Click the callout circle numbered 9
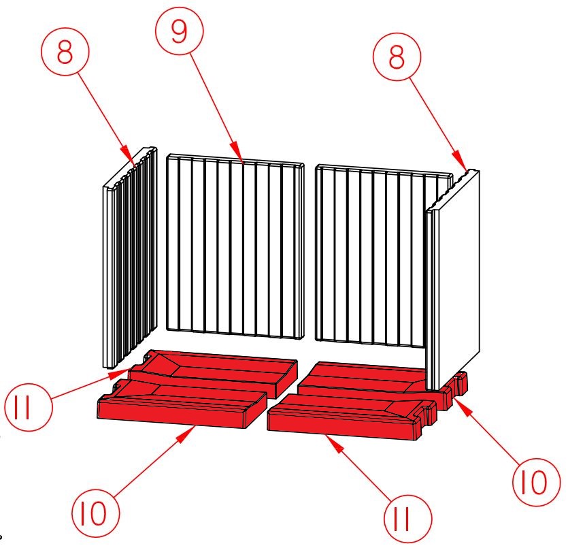pos(180,31)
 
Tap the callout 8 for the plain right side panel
pos(397,57)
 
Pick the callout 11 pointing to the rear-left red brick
pos(29,406)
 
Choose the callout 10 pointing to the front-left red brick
pos(95,513)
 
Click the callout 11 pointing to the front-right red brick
pos(408,519)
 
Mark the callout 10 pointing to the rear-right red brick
pos(537,482)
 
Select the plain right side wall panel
pos(454,279)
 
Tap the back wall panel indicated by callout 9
pos(235,246)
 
